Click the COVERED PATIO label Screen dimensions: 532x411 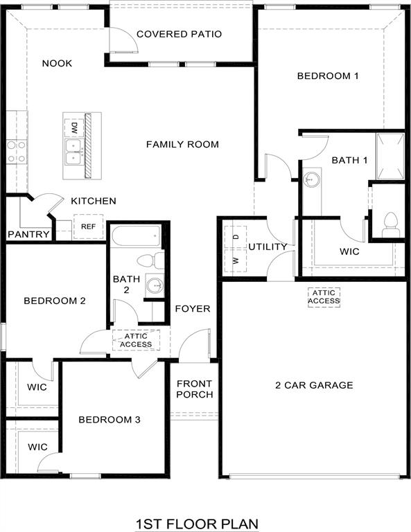[x=179, y=34]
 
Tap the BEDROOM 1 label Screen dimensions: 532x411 [x=327, y=76]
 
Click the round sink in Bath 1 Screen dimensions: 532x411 [x=313, y=179]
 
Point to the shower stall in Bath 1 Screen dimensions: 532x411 [x=390, y=156]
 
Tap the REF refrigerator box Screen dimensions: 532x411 [x=88, y=227]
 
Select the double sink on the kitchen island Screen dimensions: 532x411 [x=73, y=152]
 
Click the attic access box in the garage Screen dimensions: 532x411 [x=324, y=296]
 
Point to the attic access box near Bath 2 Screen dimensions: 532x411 [x=136, y=339]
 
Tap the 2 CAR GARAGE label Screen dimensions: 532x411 [x=313, y=385]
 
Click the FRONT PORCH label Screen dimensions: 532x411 [x=195, y=389]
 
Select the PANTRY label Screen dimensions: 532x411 [x=28, y=234]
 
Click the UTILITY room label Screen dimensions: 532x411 [x=268, y=247]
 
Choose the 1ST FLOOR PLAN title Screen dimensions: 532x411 [x=198, y=523]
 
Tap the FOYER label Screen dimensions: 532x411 [x=192, y=308]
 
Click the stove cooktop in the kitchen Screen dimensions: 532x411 [x=17, y=151]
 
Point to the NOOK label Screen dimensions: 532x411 [x=57, y=64]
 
